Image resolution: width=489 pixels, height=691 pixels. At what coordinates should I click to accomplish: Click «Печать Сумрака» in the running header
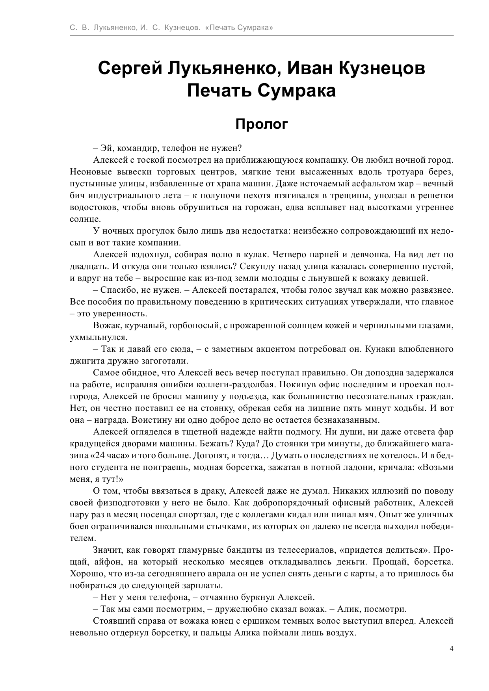239,28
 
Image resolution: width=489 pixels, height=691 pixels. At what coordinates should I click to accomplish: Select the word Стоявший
112,621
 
